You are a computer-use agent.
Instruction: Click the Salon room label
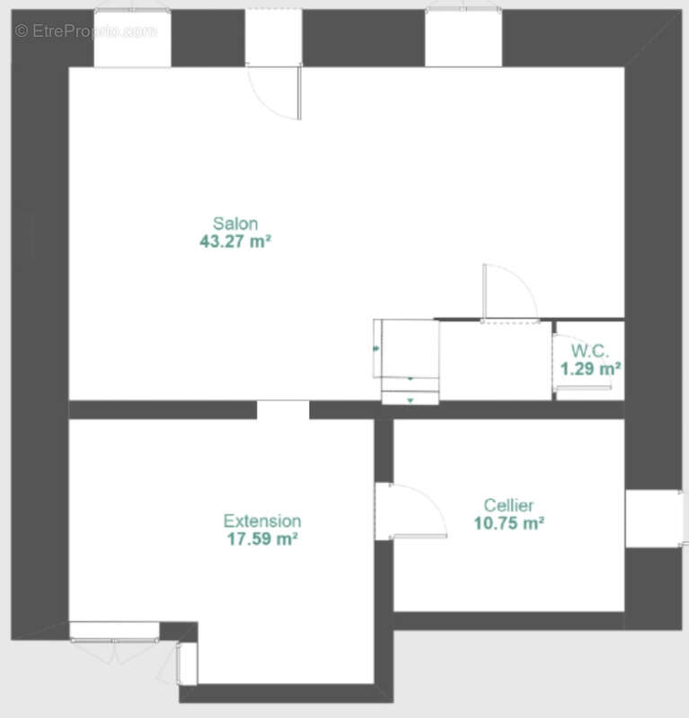(235, 223)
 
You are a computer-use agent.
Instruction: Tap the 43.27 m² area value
(235, 241)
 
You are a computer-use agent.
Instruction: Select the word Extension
(262, 521)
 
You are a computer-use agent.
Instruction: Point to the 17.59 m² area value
(262, 539)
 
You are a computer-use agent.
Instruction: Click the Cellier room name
(508, 505)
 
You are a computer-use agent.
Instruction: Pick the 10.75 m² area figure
(508, 523)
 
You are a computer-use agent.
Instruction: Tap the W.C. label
(590, 351)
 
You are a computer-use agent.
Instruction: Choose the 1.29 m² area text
(590, 369)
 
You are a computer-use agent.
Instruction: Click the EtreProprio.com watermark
(85, 31)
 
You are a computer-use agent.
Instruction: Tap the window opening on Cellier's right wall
(654, 519)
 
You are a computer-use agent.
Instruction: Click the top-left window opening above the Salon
(132, 39)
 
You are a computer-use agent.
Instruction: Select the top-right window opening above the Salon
(464, 39)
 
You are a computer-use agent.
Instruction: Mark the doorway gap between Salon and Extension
(283, 410)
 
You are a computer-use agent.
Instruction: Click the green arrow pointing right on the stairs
(376, 349)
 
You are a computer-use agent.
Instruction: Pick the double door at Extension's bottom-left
(115, 640)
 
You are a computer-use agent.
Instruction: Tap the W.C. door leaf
(583, 389)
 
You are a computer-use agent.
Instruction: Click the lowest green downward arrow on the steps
(411, 400)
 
